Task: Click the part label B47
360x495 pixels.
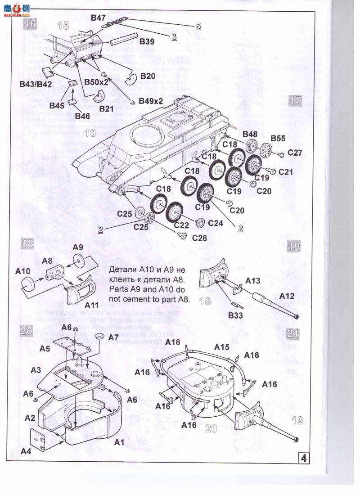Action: (x=98, y=18)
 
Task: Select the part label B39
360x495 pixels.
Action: (x=147, y=41)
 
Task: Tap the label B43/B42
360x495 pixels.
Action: (x=36, y=84)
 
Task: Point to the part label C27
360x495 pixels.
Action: (x=295, y=153)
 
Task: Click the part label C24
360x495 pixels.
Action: (x=215, y=223)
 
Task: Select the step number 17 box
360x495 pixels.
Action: (x=295, y=100)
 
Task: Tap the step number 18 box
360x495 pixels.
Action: (x=27, y=243)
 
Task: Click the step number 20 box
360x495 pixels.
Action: (x=27, y=331)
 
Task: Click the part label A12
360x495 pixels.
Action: (x=287, y=296)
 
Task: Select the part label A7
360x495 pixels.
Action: (x=113, y=337)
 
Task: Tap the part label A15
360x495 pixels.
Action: (x=221, y=347)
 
